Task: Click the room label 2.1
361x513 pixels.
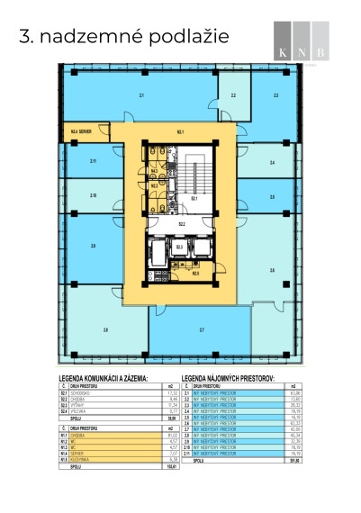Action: click(x=141, y=94)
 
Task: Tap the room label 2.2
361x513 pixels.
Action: click(x=232, y=94)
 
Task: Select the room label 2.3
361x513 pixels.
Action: click(x=275, y=94)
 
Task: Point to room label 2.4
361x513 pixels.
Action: click(x=272, y=163)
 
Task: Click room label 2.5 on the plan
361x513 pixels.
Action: click(x=272, y=195)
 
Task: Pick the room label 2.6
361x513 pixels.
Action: click(x=272, y=269)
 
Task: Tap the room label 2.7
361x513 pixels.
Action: click(x=202, y=331)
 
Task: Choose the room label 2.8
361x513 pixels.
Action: click(x=105, y=331)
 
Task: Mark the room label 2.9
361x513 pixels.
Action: click(x=93, y=245)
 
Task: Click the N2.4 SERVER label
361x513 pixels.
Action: click(x=82, y=131)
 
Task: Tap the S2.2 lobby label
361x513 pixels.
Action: click(x=181, y=222)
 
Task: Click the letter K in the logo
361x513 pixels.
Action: click(x=284, y=54)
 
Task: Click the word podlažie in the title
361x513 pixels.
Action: click(x=184, y=36)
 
